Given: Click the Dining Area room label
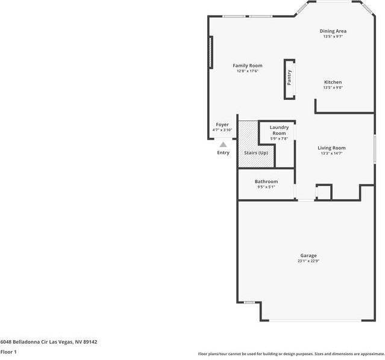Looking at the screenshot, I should point(333,31).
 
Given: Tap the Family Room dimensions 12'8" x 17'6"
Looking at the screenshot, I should point(247,72).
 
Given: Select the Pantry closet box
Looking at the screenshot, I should point(289,78).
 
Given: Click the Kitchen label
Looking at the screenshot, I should point(333,82).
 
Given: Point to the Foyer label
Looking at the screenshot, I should point(222,125).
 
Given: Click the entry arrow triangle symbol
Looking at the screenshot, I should point(223,144).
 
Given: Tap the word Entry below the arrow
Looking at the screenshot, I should point(223,153).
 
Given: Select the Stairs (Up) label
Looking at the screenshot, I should point(255,153).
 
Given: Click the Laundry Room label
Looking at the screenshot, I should point(278,130).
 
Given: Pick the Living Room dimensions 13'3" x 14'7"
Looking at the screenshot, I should point(331,154).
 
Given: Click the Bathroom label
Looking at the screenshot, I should point(266,182).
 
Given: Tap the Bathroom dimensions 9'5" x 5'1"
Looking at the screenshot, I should point(266,187).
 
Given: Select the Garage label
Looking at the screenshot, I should point(308,256).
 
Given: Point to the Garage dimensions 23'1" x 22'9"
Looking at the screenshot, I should point(308,261).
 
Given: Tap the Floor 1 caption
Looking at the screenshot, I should point(8,352).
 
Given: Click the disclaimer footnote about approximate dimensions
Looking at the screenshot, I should point(290,354).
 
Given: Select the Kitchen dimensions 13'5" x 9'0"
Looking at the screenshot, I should point(333,88).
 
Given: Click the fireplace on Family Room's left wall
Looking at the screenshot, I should point(210,52).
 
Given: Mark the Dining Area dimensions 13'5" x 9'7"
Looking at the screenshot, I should point(333,37).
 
